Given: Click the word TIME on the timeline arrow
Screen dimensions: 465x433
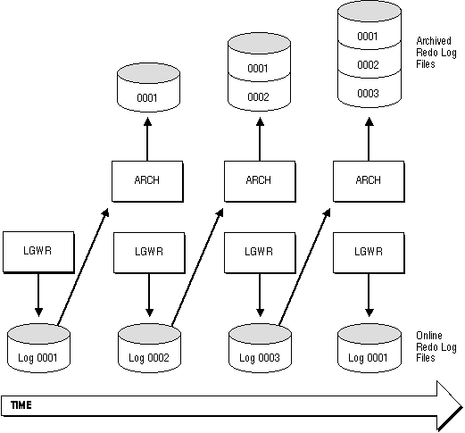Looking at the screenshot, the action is [x=21, y=405].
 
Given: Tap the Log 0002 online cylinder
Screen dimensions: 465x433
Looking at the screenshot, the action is [x=149, y=348].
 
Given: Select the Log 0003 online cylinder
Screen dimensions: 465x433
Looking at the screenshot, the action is [x=260, y=348].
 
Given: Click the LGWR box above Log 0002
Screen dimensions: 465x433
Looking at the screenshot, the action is [x=149, y=253].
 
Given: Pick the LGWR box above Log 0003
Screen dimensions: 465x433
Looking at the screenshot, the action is [x=260, y=253].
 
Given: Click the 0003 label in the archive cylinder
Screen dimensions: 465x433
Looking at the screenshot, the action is [x=368, y=94].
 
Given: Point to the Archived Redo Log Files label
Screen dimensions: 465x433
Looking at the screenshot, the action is [x=436, y=53].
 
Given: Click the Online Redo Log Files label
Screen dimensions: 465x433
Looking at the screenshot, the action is [x=436, y=346].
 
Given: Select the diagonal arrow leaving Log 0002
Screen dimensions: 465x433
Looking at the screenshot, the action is [x=197, y=267].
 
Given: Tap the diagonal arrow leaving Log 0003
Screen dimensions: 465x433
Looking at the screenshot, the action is [x=304, y=267].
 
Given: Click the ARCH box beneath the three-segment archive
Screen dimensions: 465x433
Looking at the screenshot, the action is [x=369, y=181].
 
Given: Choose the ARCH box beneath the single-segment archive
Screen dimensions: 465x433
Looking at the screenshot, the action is [x=147, y=181].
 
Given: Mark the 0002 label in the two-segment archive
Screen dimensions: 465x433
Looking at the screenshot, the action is [x=258, y=97].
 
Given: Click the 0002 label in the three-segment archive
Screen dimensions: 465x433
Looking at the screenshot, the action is [x=368, y=65].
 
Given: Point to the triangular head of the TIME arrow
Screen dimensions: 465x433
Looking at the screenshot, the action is [x=450, y=406].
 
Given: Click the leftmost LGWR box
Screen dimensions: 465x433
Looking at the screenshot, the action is [x=38, y=252].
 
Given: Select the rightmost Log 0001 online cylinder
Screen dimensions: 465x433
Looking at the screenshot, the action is [x=370, y=348].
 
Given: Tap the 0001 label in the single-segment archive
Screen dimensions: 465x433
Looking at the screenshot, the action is [x=147, y=98].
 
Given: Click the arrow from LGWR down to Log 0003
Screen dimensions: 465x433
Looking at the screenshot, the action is [x=260, y=296].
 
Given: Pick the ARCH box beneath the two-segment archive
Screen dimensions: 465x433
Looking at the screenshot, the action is [x=260, y=181].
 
